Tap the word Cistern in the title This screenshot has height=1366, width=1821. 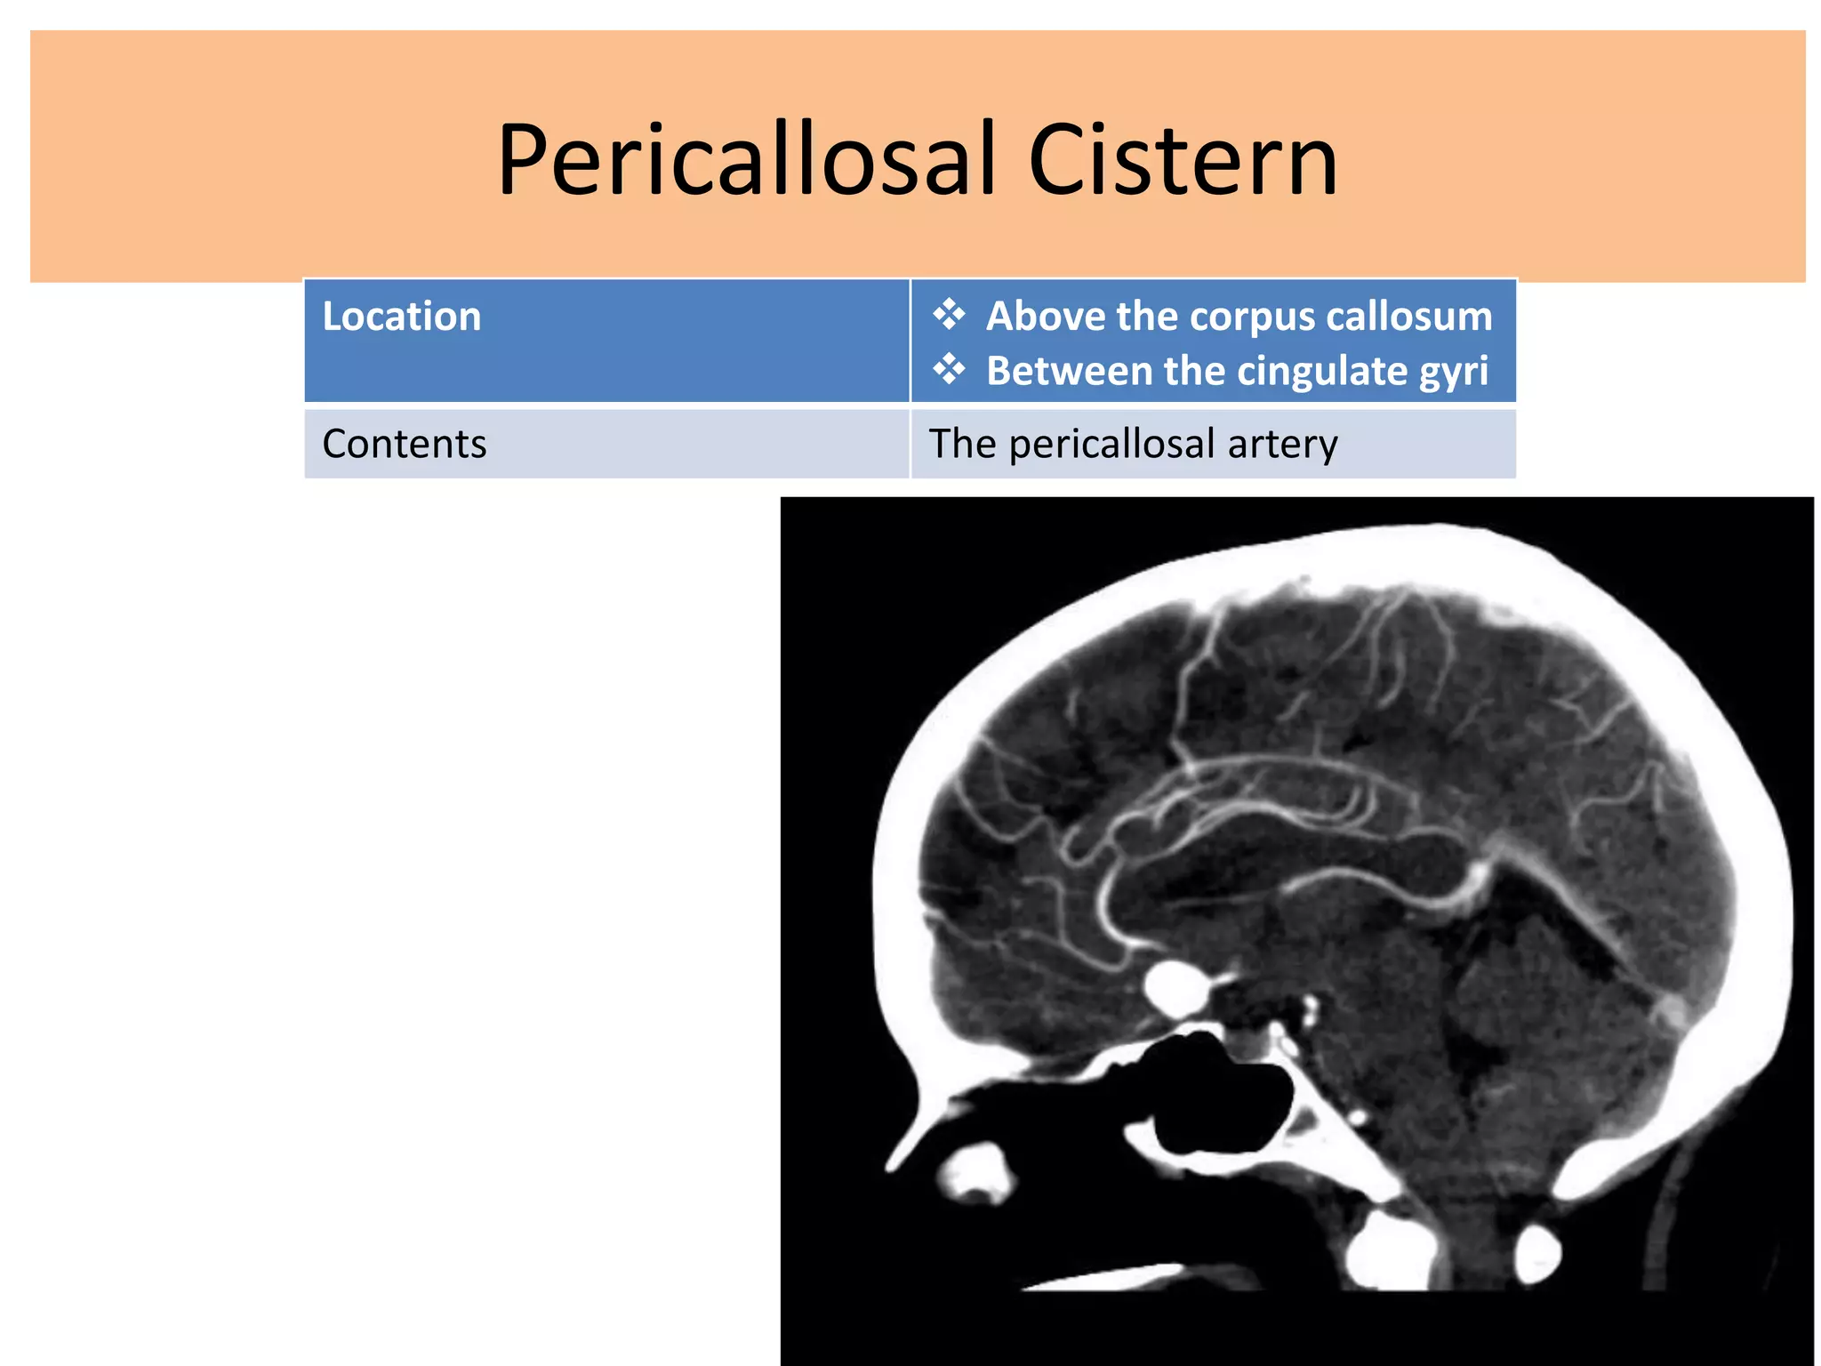[x=1183, y=160]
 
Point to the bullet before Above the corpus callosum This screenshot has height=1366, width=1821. [x=949, y=315]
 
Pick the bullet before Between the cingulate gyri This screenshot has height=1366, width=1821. [x=949, y=369]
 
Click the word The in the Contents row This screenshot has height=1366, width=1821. [x=963, y=444]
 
